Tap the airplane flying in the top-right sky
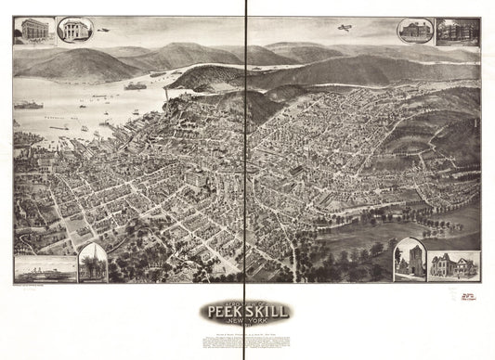(x=345, y=28)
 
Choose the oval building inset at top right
(x=412, y=31)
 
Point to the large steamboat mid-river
(x=136, y=85)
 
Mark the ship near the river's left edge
(x=28, y=105)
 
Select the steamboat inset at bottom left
(x=45, y=267)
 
